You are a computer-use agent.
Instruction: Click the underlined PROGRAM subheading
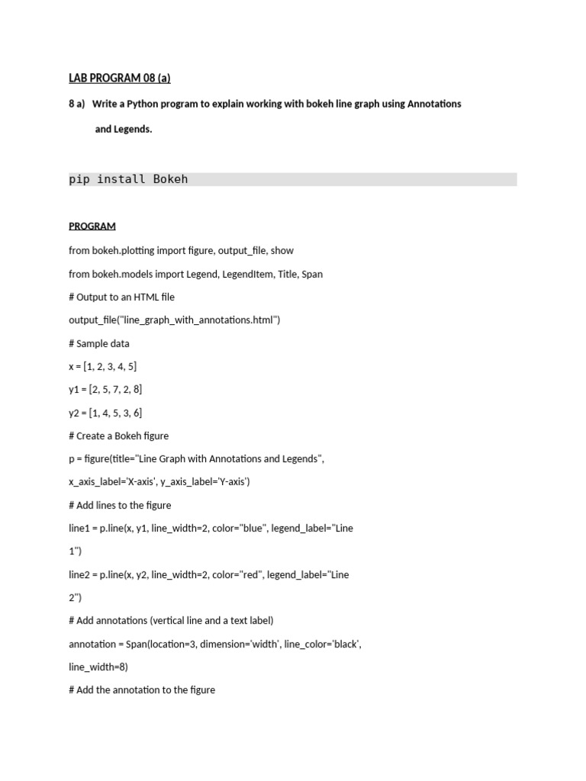pyautogui.click(x=92, y=227)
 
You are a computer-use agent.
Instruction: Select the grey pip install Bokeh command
pyautogui.click(x=128, y=179)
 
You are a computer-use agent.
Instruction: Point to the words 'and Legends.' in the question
pyautogui.click(x=124, y=130)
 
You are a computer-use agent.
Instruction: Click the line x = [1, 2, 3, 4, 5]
pyautogui.click(x=103, y=367)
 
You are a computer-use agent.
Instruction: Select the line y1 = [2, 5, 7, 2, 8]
pyautogui.click(x=105, y=390)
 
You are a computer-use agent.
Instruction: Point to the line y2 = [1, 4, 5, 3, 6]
pyautogui.click(x=105, y=413)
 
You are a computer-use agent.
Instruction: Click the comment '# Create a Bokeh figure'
pyautogui.click(x=119, y=436)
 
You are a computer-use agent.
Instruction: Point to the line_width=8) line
pyautogui.click(x=98, y=667)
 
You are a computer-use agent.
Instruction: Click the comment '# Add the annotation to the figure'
pyautogui.click(x=142, y=690)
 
